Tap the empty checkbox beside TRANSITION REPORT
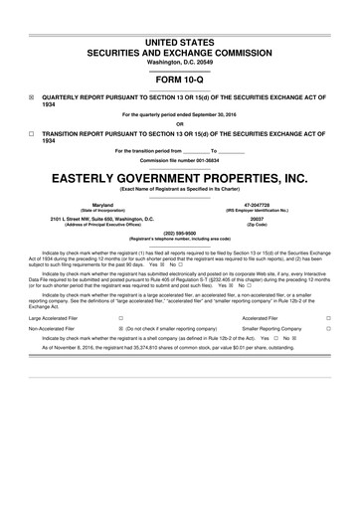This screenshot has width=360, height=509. pyautogui.click(x=31, y=133)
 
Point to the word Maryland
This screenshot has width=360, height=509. pyautogui.click(x=95, y=204)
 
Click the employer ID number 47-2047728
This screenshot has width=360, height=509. pyautogui.click(x=264, y=204)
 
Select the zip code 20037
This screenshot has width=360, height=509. pyautogui.click(x=264, y=218)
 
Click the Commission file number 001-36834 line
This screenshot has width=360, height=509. pyautogui.click(x=180, y=160)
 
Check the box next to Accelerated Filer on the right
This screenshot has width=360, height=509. pyautogui.click(x=327, y=319)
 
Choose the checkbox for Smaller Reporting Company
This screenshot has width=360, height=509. pyautogui.click(x=327, y=327)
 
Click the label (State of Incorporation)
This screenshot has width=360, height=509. pyautogui.click(x=95, y=210)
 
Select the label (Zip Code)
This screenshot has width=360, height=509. pyautogui.click(x=264, y=224)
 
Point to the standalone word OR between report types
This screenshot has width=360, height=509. pyautogui.click(x=180, y=123)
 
